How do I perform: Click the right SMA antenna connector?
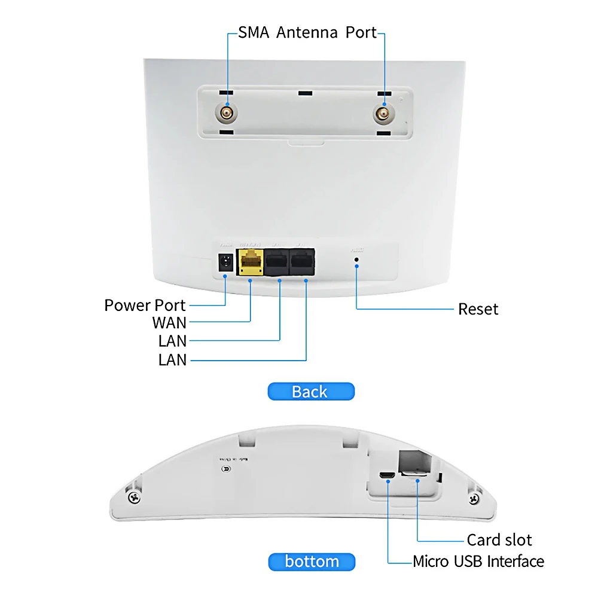pos(382,112)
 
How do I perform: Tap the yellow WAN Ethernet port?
pos(250,262)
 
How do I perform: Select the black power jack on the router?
pos(225,263)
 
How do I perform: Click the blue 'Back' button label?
pos(310,392)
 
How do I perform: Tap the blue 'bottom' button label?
pos(311,562)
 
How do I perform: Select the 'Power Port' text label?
pos(145,305)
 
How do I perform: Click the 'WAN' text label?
pos(169,323)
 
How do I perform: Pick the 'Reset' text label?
pos(478,309)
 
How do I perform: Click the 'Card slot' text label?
pos(499,540)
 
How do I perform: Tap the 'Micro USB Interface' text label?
pos(478,562)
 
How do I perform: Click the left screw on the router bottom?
pos(134,497)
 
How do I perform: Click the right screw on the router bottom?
pos(474,497)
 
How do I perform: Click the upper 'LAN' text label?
pos(172,341)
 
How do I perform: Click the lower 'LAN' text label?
pos(172,360)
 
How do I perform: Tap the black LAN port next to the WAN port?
pos(277,262)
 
